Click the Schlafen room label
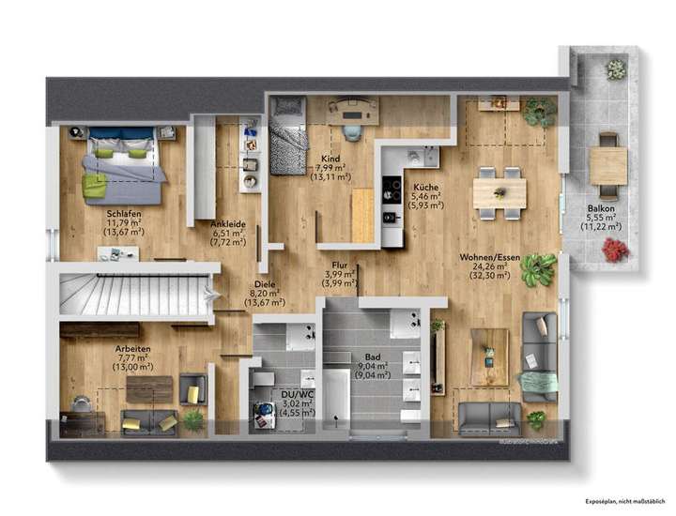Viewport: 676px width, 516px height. [x=124, y=214]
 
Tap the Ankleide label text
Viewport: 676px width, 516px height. [x=229, y=223]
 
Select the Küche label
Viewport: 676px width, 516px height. [x=425, y=187]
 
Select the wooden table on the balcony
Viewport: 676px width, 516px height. [x=608, y=166]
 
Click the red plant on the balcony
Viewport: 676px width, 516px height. [x=615, y=250]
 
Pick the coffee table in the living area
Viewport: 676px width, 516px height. [x=489, y=357]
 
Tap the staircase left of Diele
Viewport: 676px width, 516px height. [x=131, y=295]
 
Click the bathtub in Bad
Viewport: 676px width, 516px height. [x=335, y=395]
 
